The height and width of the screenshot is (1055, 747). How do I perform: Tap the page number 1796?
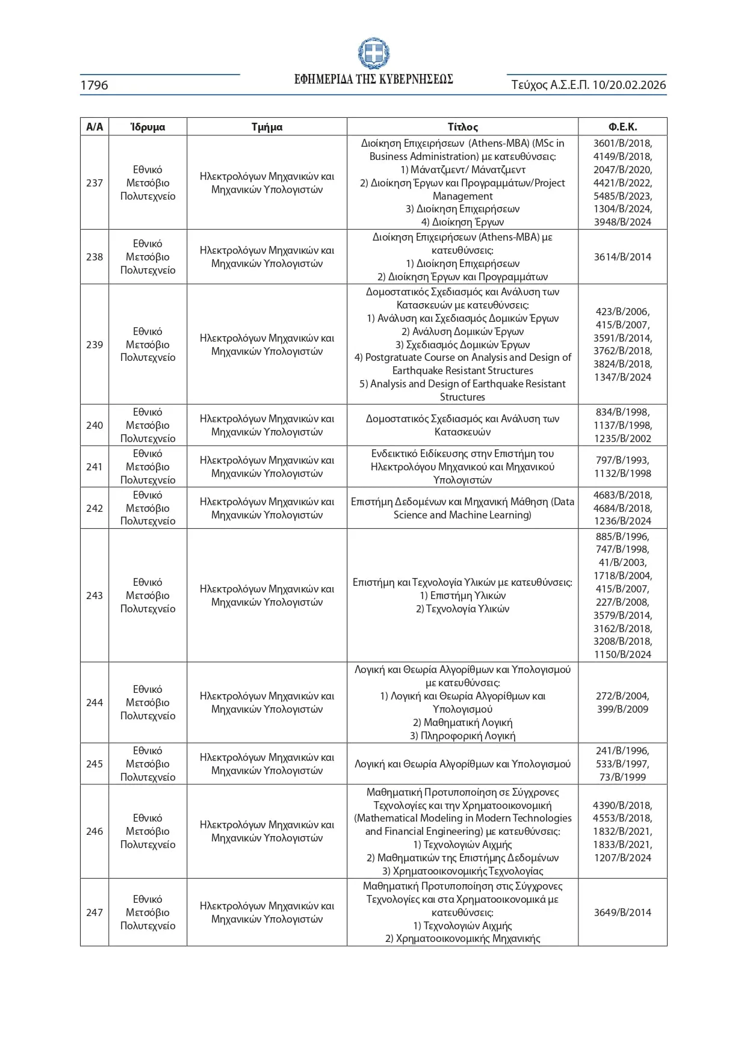click(x=95, y=85)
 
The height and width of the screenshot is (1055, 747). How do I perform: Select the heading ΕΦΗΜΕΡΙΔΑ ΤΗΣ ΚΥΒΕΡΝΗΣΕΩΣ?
click(x=373, y=79)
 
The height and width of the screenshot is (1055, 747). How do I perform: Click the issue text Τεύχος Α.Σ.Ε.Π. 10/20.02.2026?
click(x=588, y=85)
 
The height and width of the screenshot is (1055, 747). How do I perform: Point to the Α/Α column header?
click(x=95, y=127)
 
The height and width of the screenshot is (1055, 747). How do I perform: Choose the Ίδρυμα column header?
click(x=147, y=127)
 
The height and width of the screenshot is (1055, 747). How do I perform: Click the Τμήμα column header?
click(x=267, y=127)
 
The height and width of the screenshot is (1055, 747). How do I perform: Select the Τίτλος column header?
click(x=462, y=127)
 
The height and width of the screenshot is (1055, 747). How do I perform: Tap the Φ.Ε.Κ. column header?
click(x=622, y=127)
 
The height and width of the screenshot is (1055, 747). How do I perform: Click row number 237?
click(x=95, y=183)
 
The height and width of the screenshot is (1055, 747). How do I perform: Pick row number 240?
click(x=95, y=425)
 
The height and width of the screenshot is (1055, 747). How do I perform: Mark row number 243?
click(x=95, y=595)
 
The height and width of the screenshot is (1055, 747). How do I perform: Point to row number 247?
click(x=95, y=912)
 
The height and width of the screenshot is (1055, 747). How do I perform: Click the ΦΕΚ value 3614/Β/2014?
click(x=622, y=257)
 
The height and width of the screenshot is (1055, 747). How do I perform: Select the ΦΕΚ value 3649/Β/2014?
click(x=622, y=912)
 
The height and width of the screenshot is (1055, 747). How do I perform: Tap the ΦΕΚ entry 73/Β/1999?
click(x=622, y=777)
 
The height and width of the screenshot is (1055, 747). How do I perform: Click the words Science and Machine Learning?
click(x=462, y=515)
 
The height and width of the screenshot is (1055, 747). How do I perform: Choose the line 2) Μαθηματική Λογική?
click(x=462, y=722)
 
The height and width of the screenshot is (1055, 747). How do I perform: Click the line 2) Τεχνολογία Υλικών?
click(x=462, y=609)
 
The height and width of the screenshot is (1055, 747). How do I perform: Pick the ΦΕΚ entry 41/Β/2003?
click(x=622, y=562)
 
